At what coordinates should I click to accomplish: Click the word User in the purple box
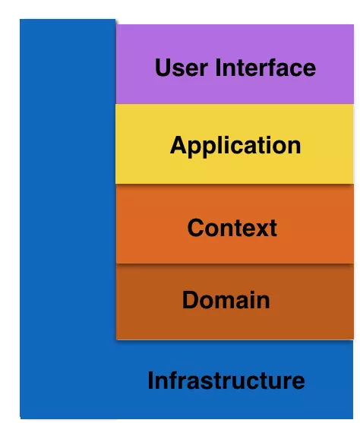point(182,68)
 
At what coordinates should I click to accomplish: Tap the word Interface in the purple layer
point(266,68)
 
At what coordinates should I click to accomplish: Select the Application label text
point(235,146)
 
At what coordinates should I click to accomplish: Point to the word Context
point(232,228)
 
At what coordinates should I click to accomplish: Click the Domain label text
point(226,300)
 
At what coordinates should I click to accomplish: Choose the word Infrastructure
point(226,380)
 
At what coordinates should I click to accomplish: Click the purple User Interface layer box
point(235,65)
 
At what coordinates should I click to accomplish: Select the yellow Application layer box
point(235,144)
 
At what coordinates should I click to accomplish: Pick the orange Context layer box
point(235,224)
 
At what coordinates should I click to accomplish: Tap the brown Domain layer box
point(235,301)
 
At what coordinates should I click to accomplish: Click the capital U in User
point(163,68)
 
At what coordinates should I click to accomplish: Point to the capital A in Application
point(179,144)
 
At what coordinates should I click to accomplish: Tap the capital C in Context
point(196,228)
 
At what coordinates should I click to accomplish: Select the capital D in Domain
point(191,299)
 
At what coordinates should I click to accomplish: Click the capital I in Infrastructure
point(150,380)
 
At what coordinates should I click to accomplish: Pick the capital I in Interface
point(218,68)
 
